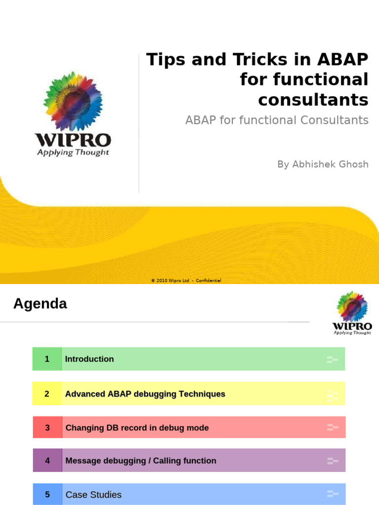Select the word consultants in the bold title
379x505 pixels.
pyautogui.click(x=313, y=100)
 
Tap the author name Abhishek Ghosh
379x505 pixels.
pyautogui.click(x=323, y=164)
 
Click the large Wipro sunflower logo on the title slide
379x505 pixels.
pyautogui.click(x=73, y=101)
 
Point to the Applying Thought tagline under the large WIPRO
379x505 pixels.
pyautogui.click(x=73, y=152)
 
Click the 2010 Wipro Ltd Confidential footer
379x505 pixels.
pyautogui.click(x=186, y=281)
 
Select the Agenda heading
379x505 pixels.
pyautogui.click(x=40, y=304)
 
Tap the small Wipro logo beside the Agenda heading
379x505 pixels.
pyautogui.click(x=352, y=312)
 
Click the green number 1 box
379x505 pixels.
pyautogui.click(x=47, y=359)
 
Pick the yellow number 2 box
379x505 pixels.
pyautogui.click(x=47, y=394)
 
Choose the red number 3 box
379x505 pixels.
pyautogui.click(x=47, y=428)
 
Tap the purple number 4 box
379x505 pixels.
pyautogui.click(x=47, y=461)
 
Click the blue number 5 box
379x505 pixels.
pyautogui.click(x=47, y=494)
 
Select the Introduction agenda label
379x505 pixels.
pyautogui.click(x=89, y=359)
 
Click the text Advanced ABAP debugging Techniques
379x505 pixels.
pyautogui.click(x=145, y=394)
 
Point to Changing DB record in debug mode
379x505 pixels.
pyautogui.click(x=137, y=428)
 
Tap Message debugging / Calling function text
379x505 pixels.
pyautogui.click(x=141, y=461)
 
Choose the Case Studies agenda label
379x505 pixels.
pyautogui.click(x=93, y=495)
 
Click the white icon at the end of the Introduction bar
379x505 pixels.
pyautogui.click(x=332, y=360)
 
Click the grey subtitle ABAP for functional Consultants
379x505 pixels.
pyautogui.click(x=277, y=120)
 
